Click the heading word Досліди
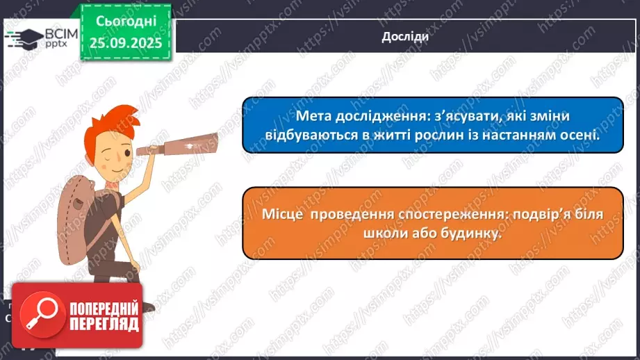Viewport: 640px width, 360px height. pos(405,37)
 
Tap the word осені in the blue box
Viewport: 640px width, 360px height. pos(577,136)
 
